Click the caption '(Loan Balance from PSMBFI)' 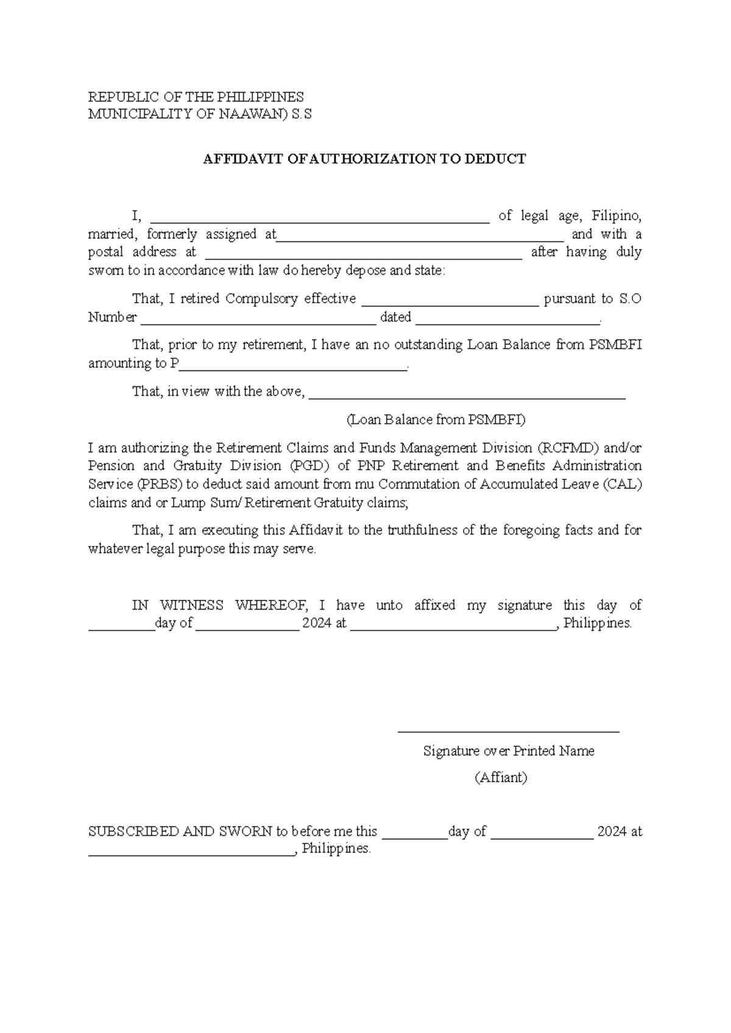click(436, 420)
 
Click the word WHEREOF click(272, 605)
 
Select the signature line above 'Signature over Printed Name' click(508, 730)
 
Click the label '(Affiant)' click(501, 778)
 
